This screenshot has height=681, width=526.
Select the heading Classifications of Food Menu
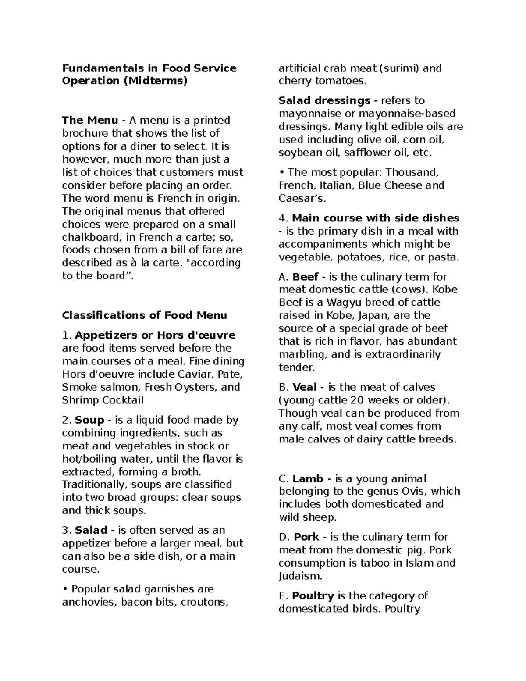pyautogui.click(x=144, y=315)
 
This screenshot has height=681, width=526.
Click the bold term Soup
pyautogui.click(x=89, y=420)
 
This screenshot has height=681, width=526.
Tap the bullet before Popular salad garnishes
pyautogui.click(x=64, y=589)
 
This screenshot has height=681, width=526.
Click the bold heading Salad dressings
pyautogui.click(x=324, y=100)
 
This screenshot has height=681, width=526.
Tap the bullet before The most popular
pyautogui.click(x=281, y=172)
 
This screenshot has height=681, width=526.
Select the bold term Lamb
pyautogui.click(x=308, y=478)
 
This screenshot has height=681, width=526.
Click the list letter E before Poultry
pyautogui.click(x=282, y=595)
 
